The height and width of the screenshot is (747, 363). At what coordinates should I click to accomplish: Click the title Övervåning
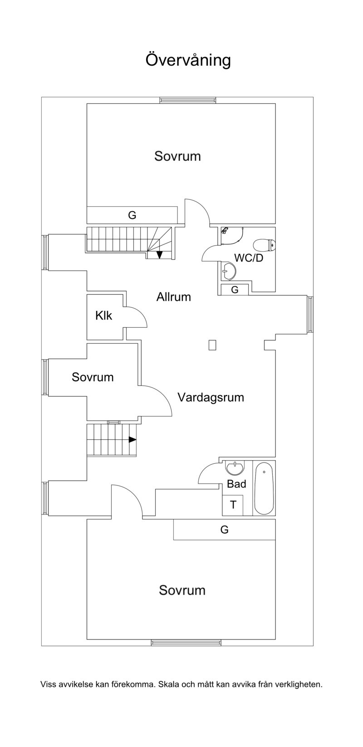[188, 60]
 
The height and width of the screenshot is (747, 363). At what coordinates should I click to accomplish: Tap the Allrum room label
[174, 297]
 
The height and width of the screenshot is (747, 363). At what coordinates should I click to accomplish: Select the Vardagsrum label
[211, 398]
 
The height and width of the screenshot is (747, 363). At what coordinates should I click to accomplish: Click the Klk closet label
[103, 315]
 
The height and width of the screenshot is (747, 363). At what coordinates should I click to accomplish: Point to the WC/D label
[249, 258]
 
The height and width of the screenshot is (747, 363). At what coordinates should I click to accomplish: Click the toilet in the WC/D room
[265, 246]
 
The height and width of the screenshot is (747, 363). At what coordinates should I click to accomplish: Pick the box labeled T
[233, 505]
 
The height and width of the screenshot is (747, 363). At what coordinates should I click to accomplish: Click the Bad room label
[236, 484]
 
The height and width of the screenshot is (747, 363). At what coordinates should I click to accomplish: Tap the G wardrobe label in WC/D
[235, 290]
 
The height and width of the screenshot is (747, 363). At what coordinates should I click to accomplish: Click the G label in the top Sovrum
[132, 215]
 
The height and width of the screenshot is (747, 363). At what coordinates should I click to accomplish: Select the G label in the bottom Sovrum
[225, 529]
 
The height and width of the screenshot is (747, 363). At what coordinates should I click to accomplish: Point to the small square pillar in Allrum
[212, 345]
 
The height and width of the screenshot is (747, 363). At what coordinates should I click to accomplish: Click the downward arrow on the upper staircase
[160, 255]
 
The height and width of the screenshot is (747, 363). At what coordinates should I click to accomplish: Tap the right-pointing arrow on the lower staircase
[132, 440]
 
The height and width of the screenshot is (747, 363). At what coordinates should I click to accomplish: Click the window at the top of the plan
[188, 100]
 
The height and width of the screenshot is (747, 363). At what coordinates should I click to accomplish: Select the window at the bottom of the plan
[186, 643]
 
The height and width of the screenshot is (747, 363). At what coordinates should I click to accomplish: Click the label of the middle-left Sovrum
[93, 377]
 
